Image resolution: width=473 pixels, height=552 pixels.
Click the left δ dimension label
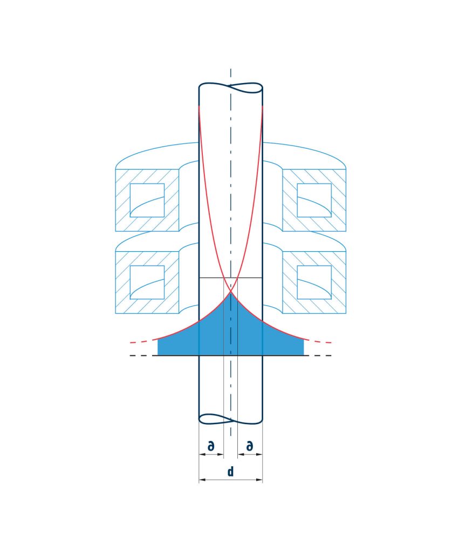pos(211,446)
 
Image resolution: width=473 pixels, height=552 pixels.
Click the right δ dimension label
pos(249,446)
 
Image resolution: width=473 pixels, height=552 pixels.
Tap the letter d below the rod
pos(230,471)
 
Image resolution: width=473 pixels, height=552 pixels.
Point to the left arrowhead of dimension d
pos(202,479)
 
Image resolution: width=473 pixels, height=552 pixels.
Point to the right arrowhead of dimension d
pos(259,479)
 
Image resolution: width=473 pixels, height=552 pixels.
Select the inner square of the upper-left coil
pos(147,200)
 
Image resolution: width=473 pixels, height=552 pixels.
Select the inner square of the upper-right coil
pos(314,200)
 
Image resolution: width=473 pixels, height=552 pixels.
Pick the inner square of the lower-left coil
pos(147,282)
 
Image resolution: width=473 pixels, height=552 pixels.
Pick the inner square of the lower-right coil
pos(314,282)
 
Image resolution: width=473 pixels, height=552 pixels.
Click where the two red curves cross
pos(231,291)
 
